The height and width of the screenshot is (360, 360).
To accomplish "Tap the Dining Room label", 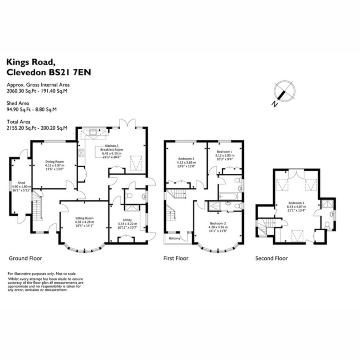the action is point(55,162).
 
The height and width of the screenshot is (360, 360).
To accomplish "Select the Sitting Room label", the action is point(84,218).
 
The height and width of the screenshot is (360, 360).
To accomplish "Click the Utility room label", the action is point(127,220).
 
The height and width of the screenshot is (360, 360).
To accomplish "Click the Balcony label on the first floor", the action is point(175,238).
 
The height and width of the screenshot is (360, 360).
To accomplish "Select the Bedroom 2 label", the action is point(218,223).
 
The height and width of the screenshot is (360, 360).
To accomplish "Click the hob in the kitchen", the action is point(81,153).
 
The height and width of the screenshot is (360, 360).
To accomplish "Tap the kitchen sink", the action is point(93,133).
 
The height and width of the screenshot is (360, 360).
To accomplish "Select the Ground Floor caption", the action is point(25,258).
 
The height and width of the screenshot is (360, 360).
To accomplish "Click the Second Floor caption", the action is point(271,258).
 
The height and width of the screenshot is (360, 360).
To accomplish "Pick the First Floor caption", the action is point(176,258).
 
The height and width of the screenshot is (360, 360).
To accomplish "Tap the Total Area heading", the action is point(18,122).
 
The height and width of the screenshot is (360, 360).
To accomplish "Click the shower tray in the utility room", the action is point(132,208).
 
